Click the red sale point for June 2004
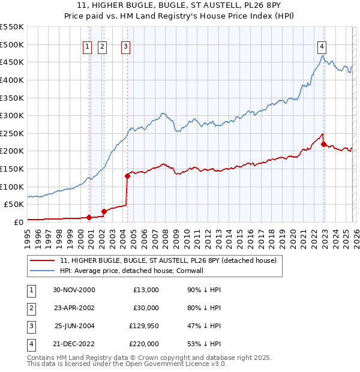point(127,176)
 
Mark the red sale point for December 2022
point(323,144)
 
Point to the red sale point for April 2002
point(104,211)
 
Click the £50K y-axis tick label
point(14,204)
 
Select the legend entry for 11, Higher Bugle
point(168,260)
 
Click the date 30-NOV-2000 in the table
point(74,290)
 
